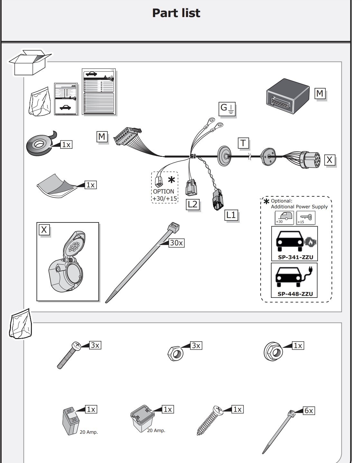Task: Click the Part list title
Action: tap(176, 13)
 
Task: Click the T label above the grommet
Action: tap(244, 143)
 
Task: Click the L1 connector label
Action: tap(231, 215)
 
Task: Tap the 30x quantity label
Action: tap(176, 243)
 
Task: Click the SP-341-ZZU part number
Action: tap(295, 257)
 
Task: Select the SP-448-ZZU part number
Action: tap(295, 294)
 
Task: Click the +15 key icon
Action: tap(305, 218)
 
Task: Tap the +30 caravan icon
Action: tap(284, 218)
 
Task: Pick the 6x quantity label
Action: tap(309, 411)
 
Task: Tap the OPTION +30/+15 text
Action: tap(165, 195)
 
